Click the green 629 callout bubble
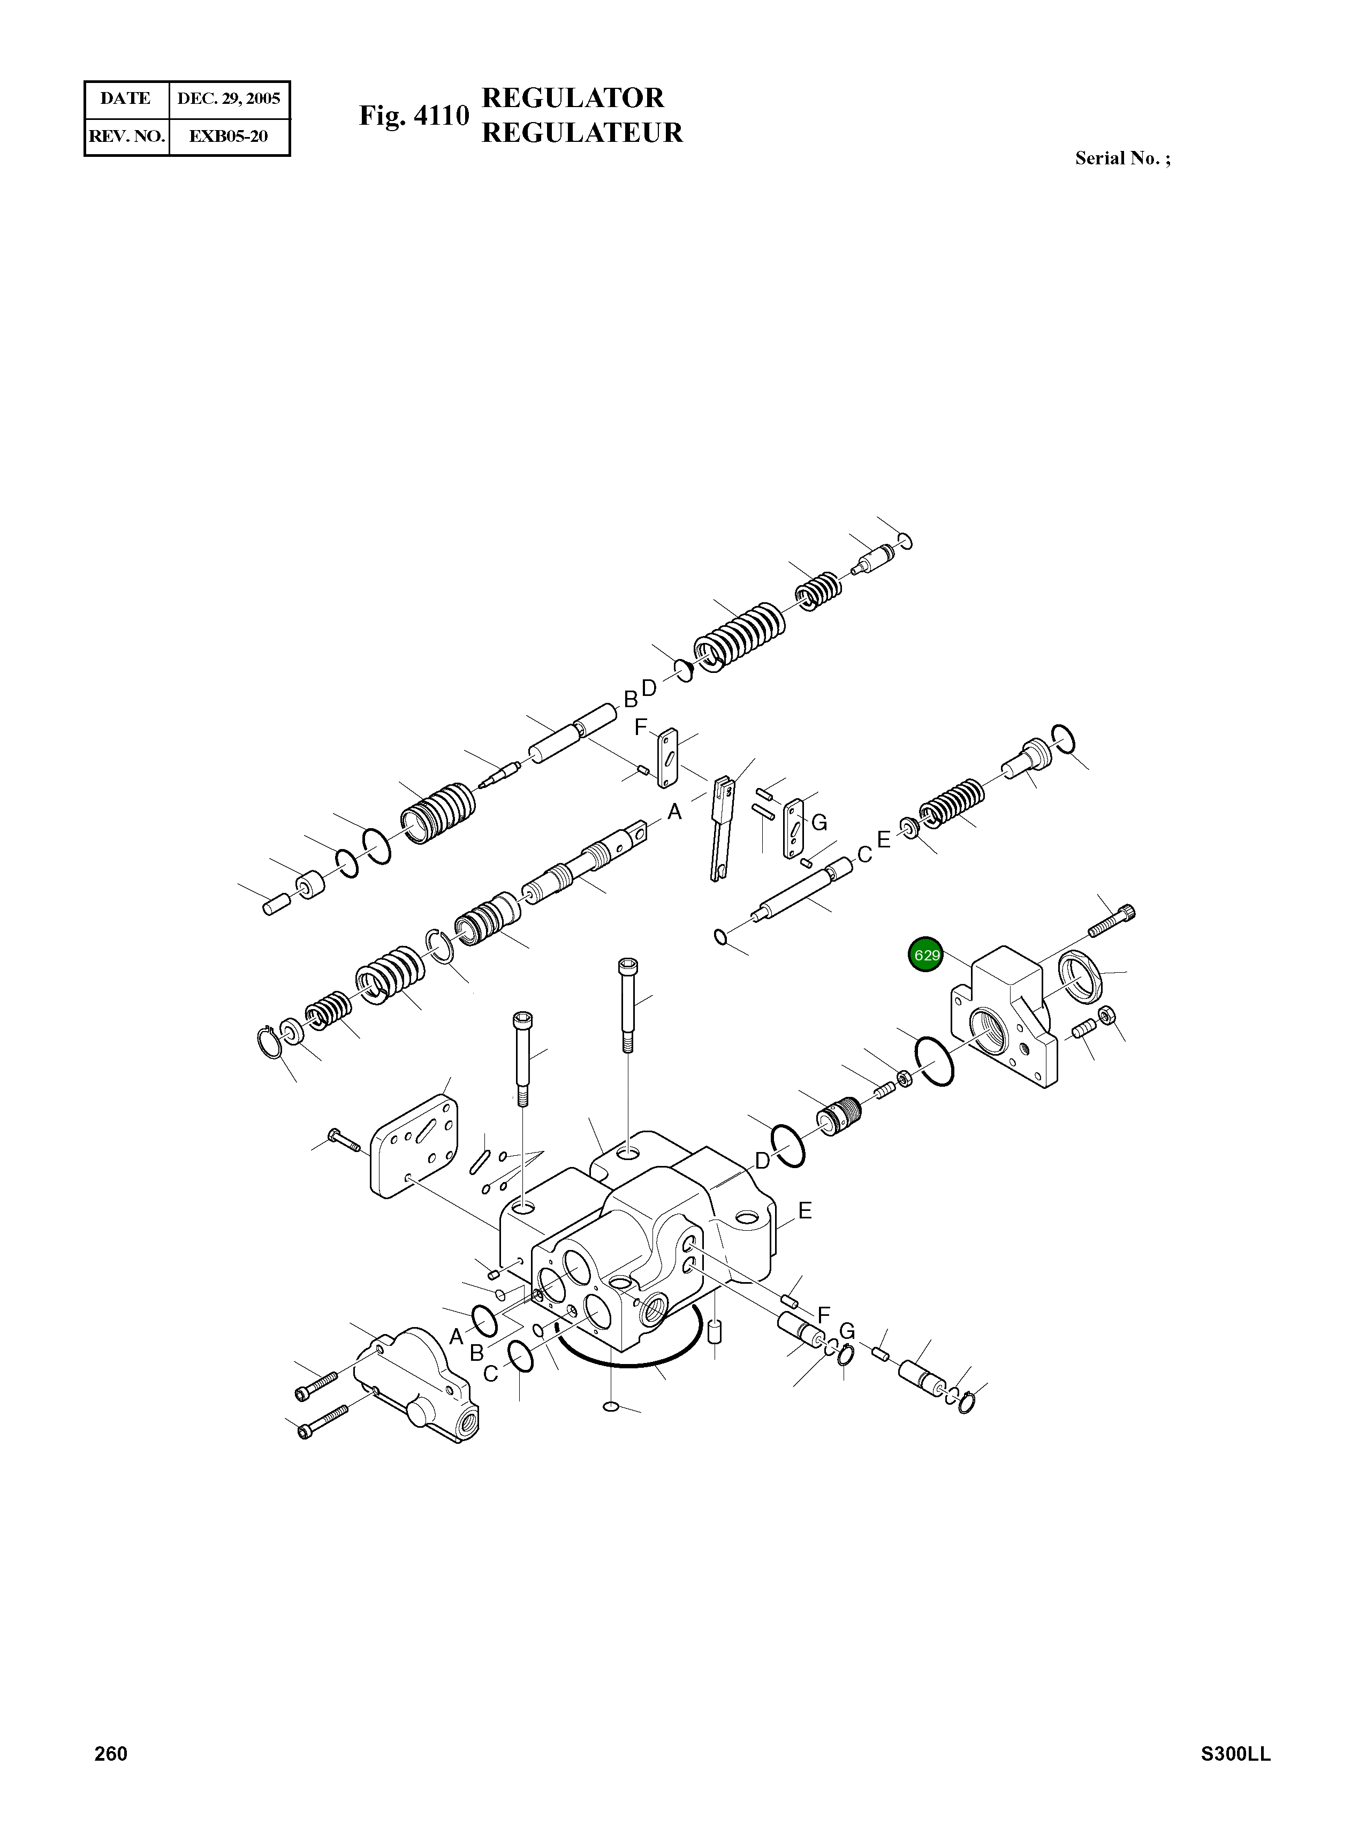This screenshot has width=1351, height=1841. click(926, 954)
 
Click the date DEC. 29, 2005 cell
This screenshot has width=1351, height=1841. click(229, 99)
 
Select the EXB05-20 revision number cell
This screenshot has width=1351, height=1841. click(229, 137)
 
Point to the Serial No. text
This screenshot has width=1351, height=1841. click(1122, 158)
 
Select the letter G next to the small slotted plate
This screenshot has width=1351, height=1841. click(818, 823)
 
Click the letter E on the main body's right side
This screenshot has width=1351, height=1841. click(804, 1211)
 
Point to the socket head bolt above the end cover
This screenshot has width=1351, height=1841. click(1113, 922)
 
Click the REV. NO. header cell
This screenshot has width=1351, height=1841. click(127, 137)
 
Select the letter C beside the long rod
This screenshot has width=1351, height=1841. click(863, 855)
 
